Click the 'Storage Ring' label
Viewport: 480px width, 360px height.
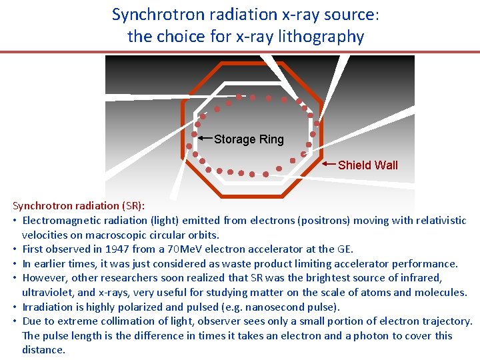249,139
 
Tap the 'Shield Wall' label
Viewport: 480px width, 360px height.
367,165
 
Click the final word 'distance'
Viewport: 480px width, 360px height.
43,350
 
